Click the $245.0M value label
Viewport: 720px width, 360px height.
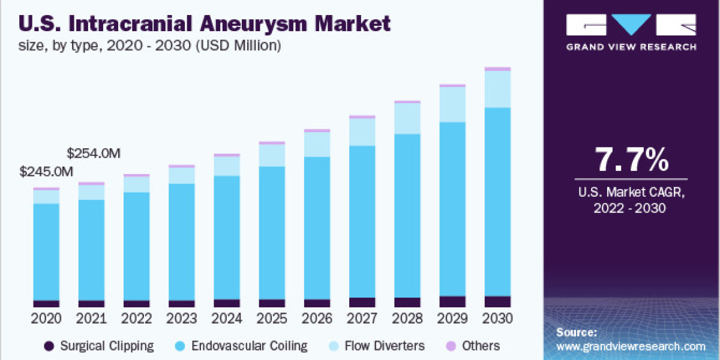(x=47, y=172)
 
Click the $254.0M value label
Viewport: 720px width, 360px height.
(x=94, y=153)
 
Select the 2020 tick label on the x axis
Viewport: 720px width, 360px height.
(x=46, y=318)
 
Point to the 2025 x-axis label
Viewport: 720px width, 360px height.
(x=272, y=318)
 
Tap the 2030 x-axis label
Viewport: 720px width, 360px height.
(x=497, y=318)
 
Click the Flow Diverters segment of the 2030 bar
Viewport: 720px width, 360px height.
(x=497, y=89)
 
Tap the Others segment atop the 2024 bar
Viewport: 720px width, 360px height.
(x=227, y=155)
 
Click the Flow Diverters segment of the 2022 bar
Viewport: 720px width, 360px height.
(x=136, y=184)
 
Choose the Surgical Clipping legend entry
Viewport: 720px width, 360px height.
(x=99, y=346)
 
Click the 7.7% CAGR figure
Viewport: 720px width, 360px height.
(x=631, y=160)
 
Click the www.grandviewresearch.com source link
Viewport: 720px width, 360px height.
(x=631, y=346)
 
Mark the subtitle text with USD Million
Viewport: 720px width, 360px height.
(x=150, y=45)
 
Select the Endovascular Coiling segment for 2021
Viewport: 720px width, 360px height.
(x=91, y=250)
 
